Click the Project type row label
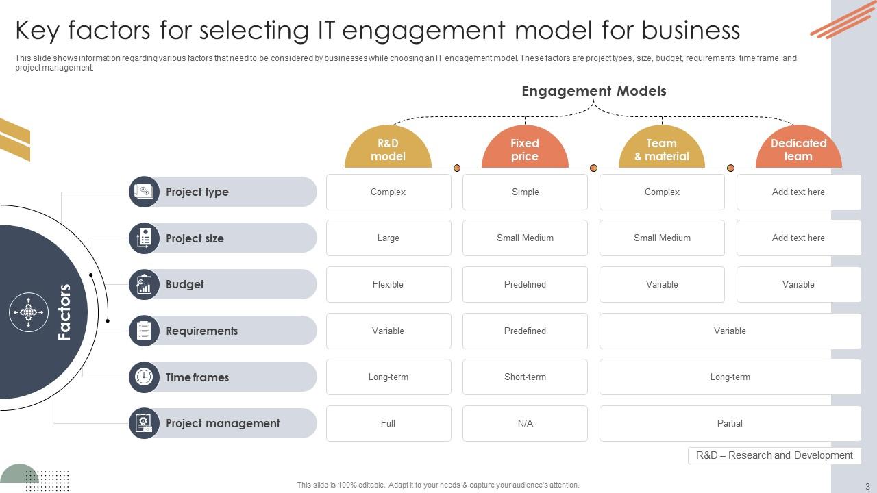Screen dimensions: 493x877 197,192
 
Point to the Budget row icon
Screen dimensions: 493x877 144,284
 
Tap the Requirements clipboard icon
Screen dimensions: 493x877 144,331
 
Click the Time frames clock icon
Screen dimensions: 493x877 144,377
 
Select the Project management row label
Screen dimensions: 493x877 223,423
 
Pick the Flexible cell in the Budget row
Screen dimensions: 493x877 388,284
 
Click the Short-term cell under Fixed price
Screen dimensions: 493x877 525,377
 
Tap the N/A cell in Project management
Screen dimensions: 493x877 525,423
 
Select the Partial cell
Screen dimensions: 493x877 730,423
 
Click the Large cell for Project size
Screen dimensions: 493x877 388,238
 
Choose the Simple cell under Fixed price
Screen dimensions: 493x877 525,192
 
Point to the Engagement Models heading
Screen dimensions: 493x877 593,91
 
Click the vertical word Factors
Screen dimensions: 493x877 64,312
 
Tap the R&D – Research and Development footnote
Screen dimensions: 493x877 774,455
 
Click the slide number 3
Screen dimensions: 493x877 867,486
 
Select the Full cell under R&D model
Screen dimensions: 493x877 388,423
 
